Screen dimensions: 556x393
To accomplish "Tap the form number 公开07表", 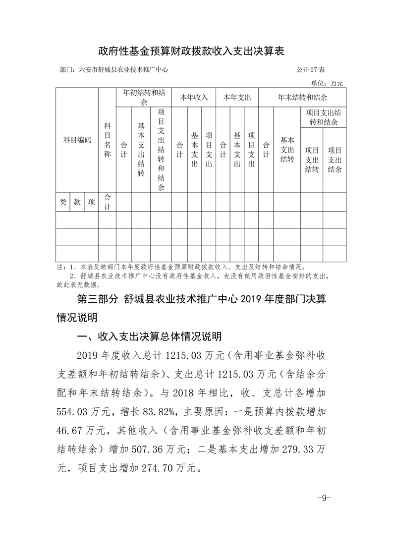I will pyautogui.click(x=311, y=70).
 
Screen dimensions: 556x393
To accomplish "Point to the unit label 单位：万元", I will pyautogui.click(x=327, y=83).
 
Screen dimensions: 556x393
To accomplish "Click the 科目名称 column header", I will pyautogui.click(x=107, y=140).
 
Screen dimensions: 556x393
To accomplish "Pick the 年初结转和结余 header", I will pyautogui.click(x=144, y=98).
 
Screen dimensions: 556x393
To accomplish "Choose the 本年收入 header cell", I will pyautogui.click(x=194, y=98).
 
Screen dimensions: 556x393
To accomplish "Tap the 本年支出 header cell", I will pyautogui.click(x=237, y=98).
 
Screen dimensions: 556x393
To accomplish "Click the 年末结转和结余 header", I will pyautogui.click(x=302, y=98).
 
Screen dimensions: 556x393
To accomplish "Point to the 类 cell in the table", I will pyautogui.click(x=63, y=202).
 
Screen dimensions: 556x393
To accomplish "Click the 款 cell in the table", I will pyautogui.click(x=77, y=202).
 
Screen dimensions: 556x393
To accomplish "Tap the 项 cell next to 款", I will pyautogui.click(x=91, y=202).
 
